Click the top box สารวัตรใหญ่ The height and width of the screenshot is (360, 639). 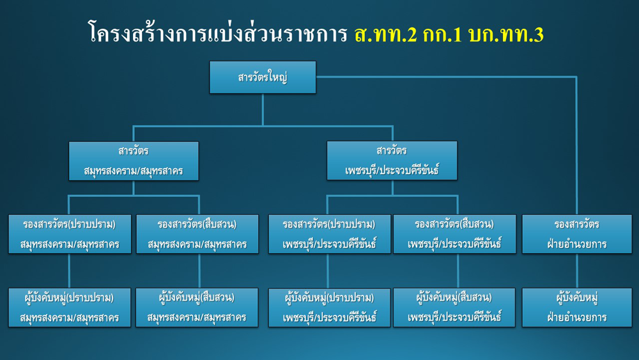tap(263, 77)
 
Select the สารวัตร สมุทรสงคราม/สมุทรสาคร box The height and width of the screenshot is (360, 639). tap(134, 161)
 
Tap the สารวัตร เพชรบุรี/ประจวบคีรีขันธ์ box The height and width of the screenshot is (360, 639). tap(392, 160)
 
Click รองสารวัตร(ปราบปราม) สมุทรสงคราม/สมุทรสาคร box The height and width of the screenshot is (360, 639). tap(70, 234)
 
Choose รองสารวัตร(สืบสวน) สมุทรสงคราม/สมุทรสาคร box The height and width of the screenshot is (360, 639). tap(197, 234)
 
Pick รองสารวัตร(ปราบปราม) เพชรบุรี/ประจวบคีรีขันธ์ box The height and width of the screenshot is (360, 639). tap(329, 234)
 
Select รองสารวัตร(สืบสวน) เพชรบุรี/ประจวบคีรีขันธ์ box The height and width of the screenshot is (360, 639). tap(454, 234)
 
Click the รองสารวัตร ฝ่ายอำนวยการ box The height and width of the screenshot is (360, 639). tap(577, 234)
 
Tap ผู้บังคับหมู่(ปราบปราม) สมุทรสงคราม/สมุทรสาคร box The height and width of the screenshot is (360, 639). tap(70, 308)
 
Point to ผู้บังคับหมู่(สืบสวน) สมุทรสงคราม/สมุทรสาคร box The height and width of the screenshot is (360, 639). tap(197, 308)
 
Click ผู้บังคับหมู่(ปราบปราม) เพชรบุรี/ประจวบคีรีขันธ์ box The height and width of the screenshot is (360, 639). tap(329, 308)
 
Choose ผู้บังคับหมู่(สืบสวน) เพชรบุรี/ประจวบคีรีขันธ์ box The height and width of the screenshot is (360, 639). tap(454, 308)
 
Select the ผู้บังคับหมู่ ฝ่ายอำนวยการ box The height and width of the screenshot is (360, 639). tap(577, 308)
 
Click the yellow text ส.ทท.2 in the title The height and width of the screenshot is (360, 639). tap(386, 35)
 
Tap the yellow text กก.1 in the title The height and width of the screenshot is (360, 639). tap(443, 35)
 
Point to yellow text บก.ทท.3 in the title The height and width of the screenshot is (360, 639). tap(506, 35)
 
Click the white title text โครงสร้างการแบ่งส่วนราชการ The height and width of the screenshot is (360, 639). tap(218, 33)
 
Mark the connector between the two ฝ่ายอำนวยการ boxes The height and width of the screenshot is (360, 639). tap(577, 270)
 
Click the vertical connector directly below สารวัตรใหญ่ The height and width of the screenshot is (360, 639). tap(263, 110)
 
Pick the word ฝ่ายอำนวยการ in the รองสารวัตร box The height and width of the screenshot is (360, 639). tap(577, 244)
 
